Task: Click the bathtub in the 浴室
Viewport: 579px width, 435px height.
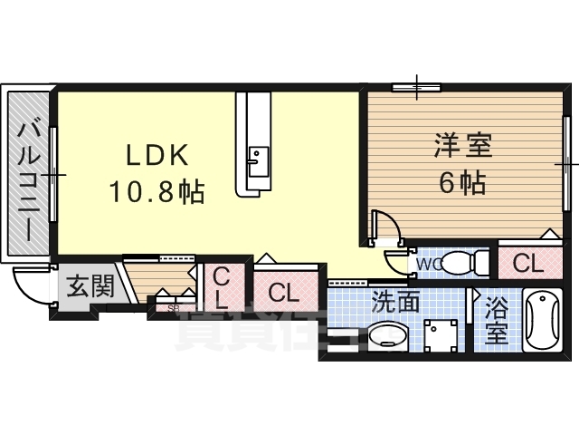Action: (x=542, y=322)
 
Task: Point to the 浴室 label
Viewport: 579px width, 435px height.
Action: (x=496, y=320)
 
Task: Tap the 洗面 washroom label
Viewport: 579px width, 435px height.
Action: (x=395, y=301)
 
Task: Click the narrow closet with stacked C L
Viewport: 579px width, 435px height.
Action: (x=221, y=287)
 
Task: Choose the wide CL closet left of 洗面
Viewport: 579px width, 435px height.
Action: (x=283, y=293)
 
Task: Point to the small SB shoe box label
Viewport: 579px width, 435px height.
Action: (x=173, y=308)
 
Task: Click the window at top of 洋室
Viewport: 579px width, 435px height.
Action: (x=417, y=88)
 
